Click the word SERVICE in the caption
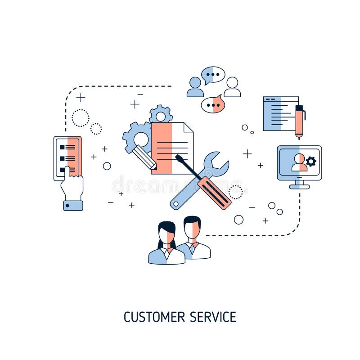click(x=213, y=317)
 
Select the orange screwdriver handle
click(x=215, y=193)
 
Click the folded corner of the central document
click(x=188, y=127)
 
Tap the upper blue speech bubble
click(x=213, y=75)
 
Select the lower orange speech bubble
click(x=212, y=105)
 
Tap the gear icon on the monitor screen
click(x=311, y=162)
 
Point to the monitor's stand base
click(x=299, y=186)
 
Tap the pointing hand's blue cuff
click(x=73, y=205)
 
